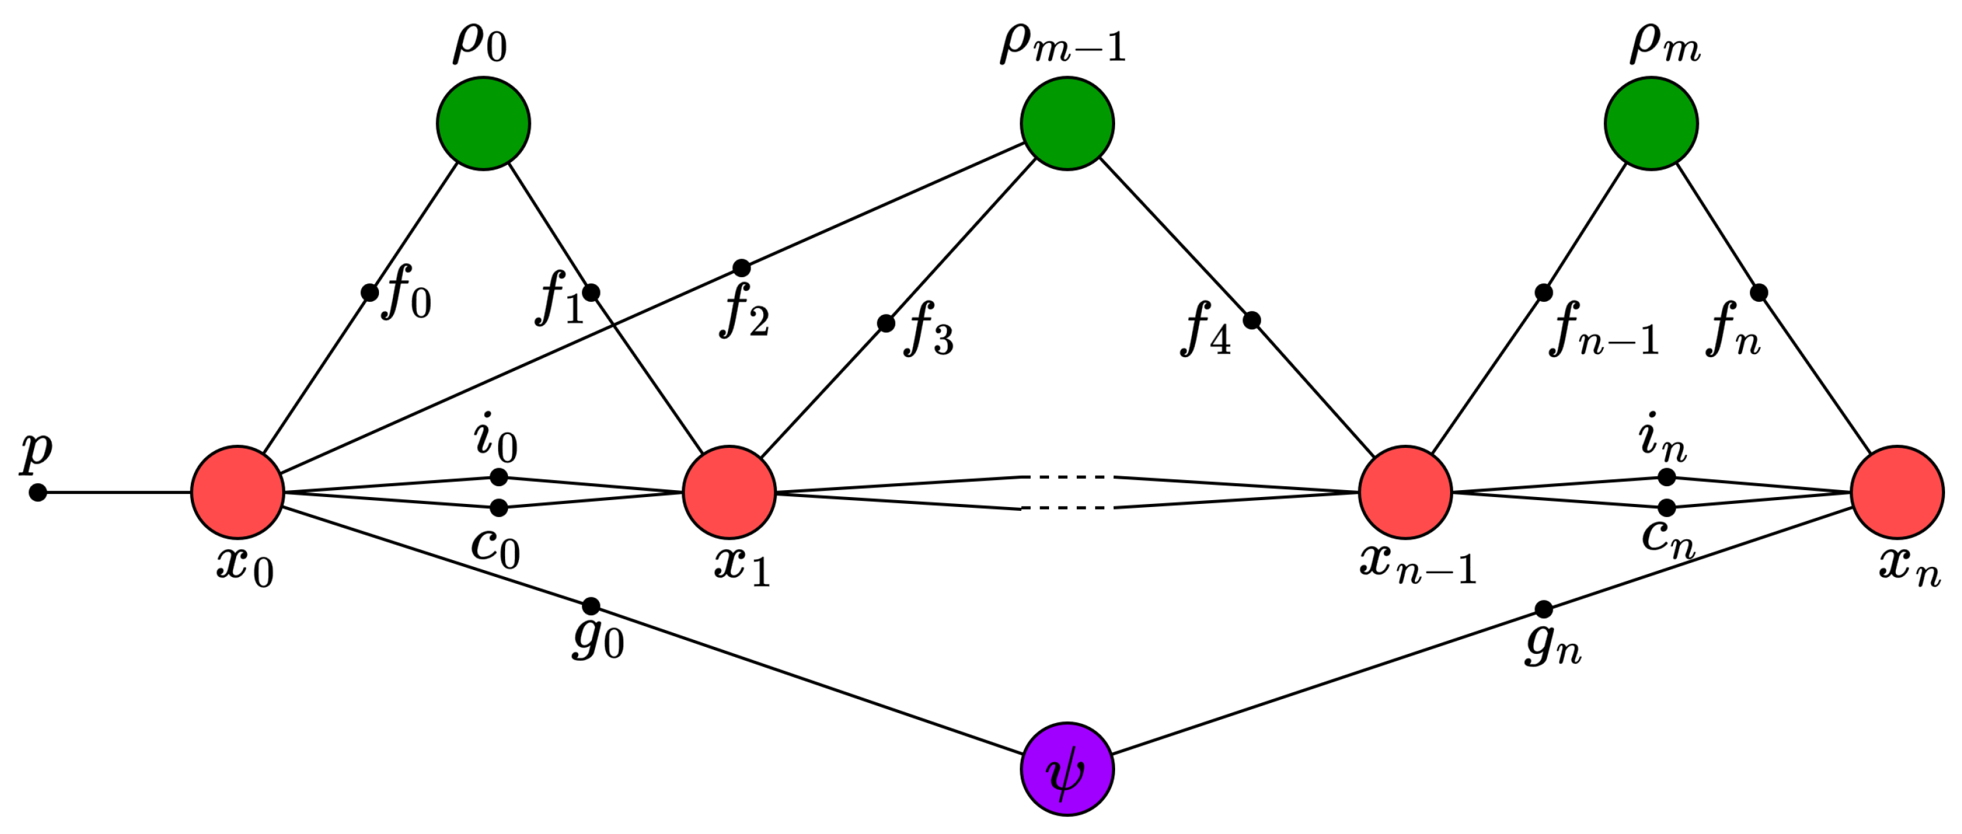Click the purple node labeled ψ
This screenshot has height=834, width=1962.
pyautogui.click(x=1067, y=769)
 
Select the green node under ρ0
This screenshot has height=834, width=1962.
pyautogui.click(x=484, y=123)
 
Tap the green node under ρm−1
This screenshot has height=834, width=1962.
pyautogui.click(x=1067, y=123)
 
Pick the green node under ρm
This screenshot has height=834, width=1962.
pyautogui.click(x=1651, y=123)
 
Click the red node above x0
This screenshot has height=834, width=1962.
pyautogui.click(x=237, y=492)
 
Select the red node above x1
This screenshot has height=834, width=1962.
pyautogui.click(x=730, y=492)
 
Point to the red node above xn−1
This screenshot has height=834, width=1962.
pyautogui.click(x=1405, y=492)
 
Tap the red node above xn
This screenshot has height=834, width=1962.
pyautogui.click(x=1897, y=492)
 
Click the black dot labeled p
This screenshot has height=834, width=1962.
pyautogui.click(x=38, y=493)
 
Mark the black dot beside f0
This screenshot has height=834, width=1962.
pyautogui.click(x=370, y=292)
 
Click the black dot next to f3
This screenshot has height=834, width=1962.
pyautogui.click(x=886, y=324)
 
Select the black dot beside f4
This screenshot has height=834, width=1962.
pyautogui.click(x=1251, y=321)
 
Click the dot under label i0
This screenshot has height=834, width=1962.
pyautogui.click(x=499, y=477)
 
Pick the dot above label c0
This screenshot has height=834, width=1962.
pyautogui.click(x=499, y=507)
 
